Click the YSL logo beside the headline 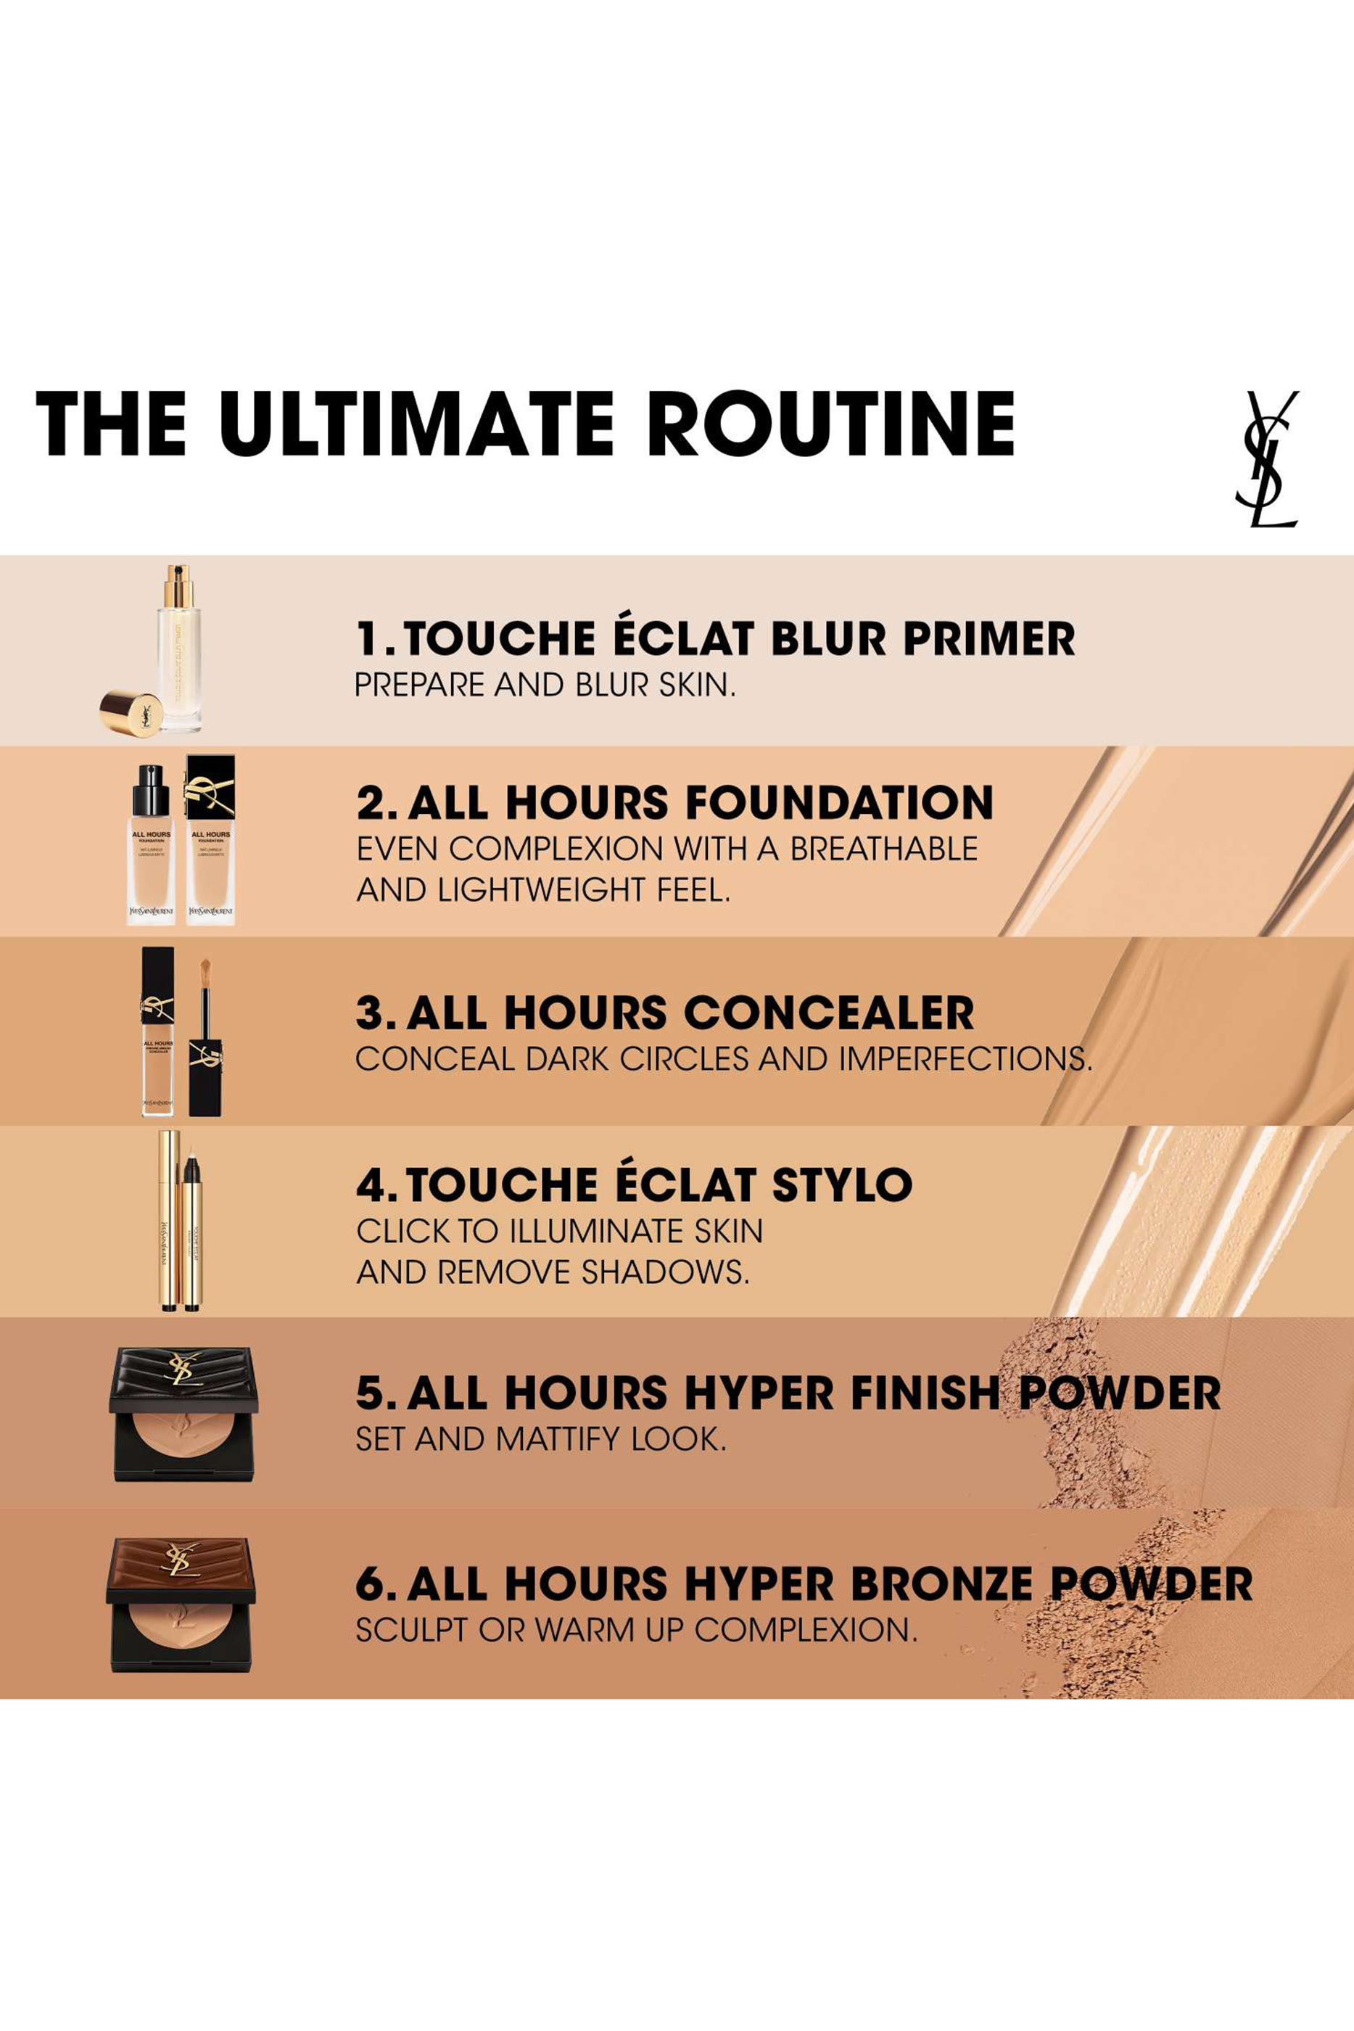tap(1267, 458)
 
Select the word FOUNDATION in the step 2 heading tap(837, 802)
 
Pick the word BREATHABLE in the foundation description tap(883, 849)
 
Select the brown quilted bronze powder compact tap(182, 1604)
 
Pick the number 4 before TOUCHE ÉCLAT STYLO tap(372, 1185)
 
